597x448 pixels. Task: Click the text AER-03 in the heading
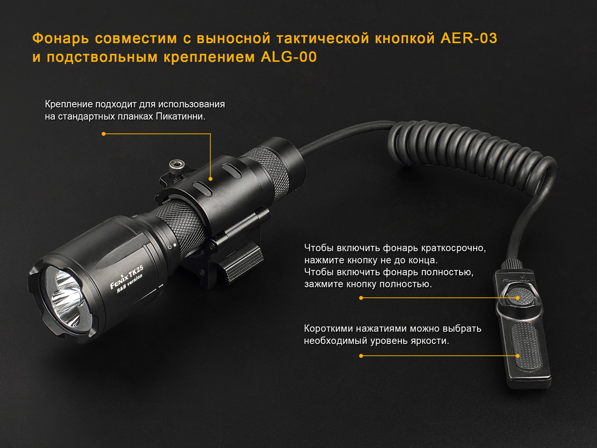click(x=469, y=38)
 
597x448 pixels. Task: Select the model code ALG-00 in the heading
click(x=289, y=57)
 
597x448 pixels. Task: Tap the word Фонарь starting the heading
click(x=60, y=39)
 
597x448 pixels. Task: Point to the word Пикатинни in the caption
click(x=180, y=116)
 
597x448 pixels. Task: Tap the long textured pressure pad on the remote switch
click(x=526, y=346)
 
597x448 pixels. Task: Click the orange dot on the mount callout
click(x=210, y=179)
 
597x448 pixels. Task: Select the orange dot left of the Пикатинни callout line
click(x=103, y=134)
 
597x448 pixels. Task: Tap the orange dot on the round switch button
click(x=517, y=298)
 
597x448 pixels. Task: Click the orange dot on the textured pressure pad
click(x=517, y=356)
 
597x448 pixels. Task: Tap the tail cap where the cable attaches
click(x=288, y=158)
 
